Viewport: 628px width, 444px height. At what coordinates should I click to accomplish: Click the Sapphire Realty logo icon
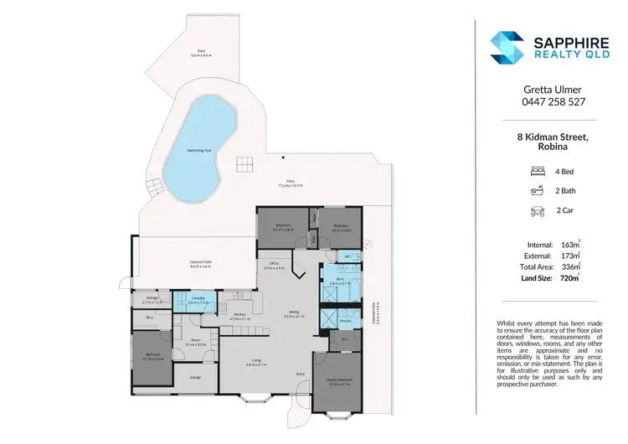(x=507, y=48)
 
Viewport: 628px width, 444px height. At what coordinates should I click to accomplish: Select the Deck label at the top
(x=201, y=51)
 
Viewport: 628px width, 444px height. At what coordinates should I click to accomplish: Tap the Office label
(x=274, y=264)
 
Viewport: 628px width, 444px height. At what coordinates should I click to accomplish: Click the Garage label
(x=195, y=377)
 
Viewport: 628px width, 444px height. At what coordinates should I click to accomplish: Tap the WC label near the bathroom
(x=345, y=256)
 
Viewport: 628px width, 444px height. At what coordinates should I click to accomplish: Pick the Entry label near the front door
(x=300, y=374)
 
